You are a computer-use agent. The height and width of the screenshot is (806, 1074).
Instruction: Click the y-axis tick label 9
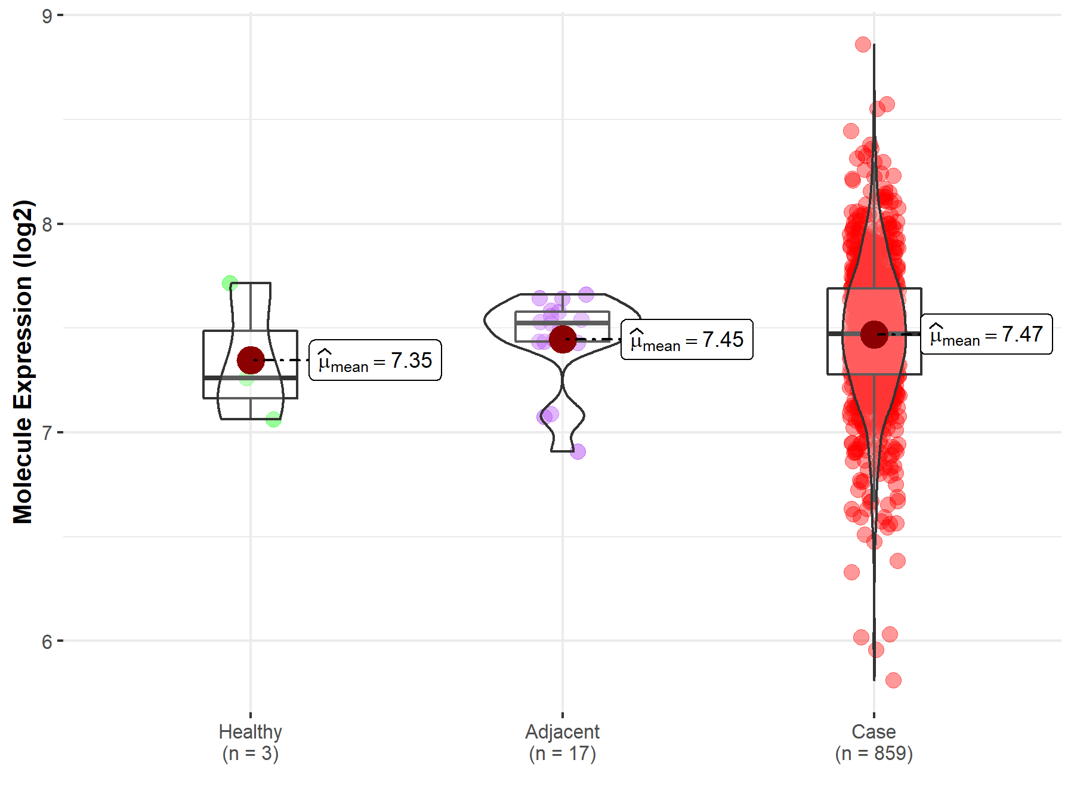point(47,16)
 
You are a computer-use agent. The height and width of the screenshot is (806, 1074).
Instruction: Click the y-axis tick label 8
point(47,224)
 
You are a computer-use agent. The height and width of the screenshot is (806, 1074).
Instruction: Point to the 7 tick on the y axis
point(47,433)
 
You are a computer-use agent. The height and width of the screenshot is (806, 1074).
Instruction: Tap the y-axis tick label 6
point(47,642)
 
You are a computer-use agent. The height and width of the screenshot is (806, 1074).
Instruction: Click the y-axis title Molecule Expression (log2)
point(23,362)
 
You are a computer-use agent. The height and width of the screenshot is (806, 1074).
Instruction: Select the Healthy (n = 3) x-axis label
point(250,742)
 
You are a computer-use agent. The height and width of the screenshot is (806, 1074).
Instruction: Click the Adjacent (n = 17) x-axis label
point(562,742)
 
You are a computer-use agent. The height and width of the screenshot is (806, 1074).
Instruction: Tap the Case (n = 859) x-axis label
point(874,742)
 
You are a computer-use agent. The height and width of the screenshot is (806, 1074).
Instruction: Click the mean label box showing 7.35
point(375,360)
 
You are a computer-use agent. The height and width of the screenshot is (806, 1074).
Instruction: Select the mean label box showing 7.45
point(687,339)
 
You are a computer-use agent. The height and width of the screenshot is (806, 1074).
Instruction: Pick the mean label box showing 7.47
point(986,334)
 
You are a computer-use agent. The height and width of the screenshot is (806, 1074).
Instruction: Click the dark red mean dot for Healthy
point(251,360)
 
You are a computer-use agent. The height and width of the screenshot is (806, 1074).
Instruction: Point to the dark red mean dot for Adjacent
point(563,339)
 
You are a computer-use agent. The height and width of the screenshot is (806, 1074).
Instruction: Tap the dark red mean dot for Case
point(874,334)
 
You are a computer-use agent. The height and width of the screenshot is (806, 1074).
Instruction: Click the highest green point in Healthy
point(230,283)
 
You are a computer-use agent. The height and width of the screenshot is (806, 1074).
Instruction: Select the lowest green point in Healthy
point(273,420)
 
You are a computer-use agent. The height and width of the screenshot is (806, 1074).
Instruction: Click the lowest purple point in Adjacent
point(578,451)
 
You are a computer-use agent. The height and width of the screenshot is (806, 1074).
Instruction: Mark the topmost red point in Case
point(863,44)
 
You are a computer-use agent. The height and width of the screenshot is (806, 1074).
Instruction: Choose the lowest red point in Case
point(893,680)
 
